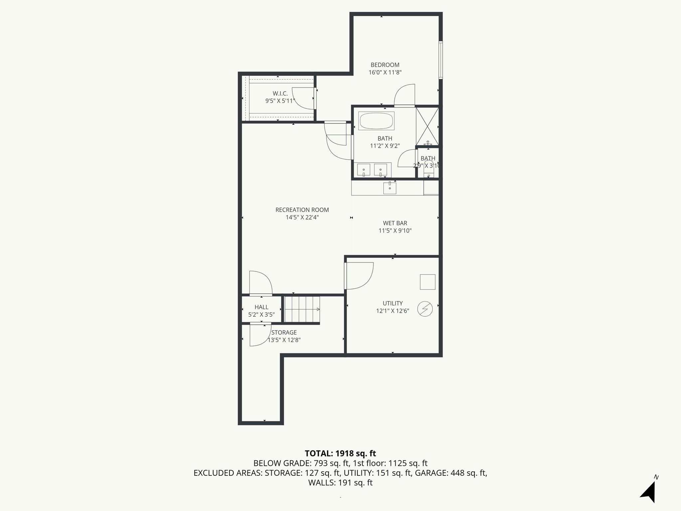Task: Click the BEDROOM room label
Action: (x=385, y=65)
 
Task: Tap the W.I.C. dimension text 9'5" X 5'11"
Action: (x=280, y=101)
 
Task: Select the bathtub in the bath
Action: (x=376, y=121)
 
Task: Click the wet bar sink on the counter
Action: (x=390, y=188)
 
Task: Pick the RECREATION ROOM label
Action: (x=302, y=210)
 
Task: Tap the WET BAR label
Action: (x=395, y=223)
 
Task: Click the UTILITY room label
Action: (x=392, y=303)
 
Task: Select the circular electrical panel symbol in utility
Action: (x=425, y=309)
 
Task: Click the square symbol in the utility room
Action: (x=428, y=282)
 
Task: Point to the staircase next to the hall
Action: (x=302, y=309)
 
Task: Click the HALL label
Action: (x=261, y=307)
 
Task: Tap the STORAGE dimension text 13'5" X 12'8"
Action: (x=285, y=340)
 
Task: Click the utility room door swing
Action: (x=359, y=275)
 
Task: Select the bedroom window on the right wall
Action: (x=440, y=60)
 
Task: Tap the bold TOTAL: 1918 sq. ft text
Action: (x=340, y=453)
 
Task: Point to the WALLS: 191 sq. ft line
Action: (x=340, y=483)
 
